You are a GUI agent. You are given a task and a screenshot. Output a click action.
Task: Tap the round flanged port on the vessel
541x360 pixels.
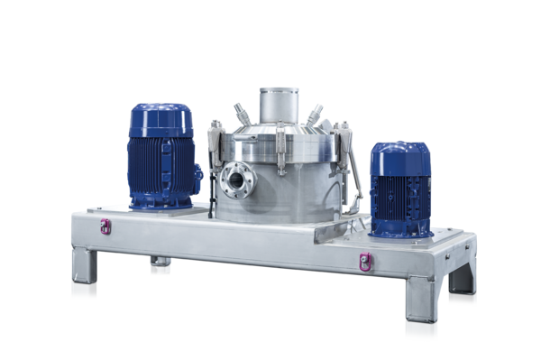coord(238,180)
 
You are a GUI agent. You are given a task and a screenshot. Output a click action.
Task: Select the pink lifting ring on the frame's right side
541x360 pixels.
coord(365,262)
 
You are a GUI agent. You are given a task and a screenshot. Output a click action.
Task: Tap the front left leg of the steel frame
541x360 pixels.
coord(85,273)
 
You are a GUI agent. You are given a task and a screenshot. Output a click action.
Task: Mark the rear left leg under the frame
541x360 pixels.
coord(160,266)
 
